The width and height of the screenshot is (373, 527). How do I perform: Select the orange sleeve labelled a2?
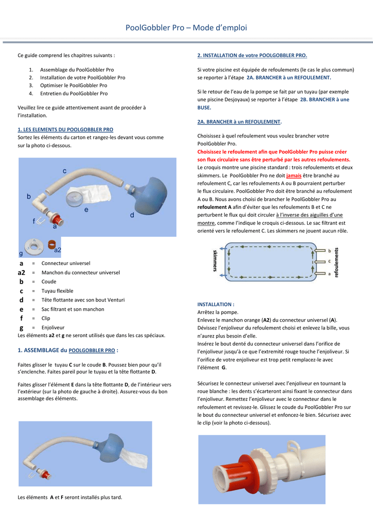click(52, 244)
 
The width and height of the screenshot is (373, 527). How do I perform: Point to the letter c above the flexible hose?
click(65, 170)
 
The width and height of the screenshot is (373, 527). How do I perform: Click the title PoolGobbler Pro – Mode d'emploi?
click(186, 28)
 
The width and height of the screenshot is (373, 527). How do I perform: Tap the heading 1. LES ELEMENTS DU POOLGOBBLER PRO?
click(65, 130)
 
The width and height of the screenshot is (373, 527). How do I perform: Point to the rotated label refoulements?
click(337, 262)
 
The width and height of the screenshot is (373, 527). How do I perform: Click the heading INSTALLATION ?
click(216, 304)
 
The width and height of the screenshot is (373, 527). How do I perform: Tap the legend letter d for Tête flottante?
click(22, 300)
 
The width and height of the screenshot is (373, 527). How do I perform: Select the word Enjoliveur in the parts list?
click(53, 327)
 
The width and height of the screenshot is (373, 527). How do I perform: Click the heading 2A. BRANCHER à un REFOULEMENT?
click(239, 122)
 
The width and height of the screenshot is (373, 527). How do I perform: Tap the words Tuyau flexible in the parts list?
click(57, 291)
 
